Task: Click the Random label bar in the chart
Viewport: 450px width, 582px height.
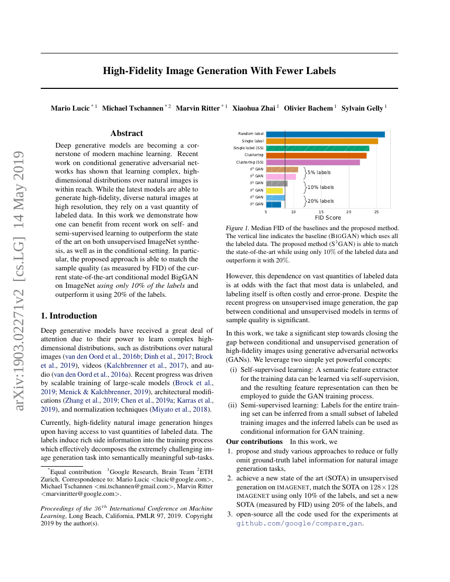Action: [325, 134]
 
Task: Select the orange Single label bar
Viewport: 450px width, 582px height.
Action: [322, 141]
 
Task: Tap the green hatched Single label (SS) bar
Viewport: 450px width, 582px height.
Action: [318, 148]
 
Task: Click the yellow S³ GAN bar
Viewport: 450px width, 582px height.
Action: [274, 190]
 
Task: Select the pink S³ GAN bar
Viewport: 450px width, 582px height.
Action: [281, 176]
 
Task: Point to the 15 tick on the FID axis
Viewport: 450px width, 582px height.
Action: [321, 212]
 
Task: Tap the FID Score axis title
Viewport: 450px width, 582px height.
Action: [328, 217]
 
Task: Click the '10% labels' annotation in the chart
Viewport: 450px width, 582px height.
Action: [321, 187]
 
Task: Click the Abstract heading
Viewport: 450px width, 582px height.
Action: [127, 133]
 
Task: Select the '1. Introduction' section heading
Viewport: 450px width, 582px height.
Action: [69, 316]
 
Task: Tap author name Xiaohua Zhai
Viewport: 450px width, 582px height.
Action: [254, 108]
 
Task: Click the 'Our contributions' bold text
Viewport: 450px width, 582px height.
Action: [254, 442]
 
